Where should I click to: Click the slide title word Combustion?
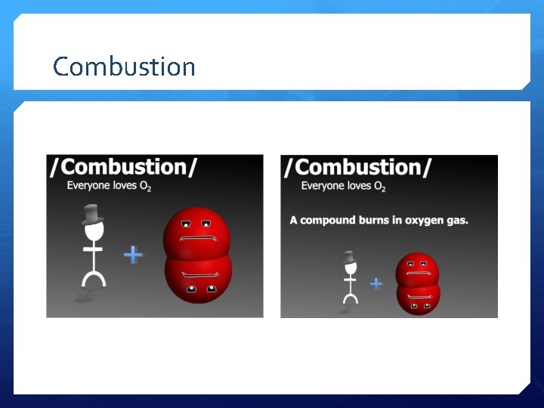click(x=124, y=66)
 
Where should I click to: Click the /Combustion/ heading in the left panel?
click(x=124, y=168)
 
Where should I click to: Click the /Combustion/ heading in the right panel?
click(x=357, y=168)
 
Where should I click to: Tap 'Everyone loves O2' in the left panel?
click(x=109, y=186)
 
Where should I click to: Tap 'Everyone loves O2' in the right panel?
click(x=343, y=186)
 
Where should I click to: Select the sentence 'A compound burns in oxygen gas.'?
click(x=379, y=221)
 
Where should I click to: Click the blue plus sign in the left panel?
click(x=133, y=255)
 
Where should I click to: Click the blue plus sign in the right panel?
click(x=376, y=283)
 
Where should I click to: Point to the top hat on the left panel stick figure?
click(x=92, y=215)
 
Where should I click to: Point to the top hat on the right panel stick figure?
click(x=349, y=258)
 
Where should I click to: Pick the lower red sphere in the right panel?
click(x=417, y=298)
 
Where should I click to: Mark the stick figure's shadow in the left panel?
click(x=82, y=299)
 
